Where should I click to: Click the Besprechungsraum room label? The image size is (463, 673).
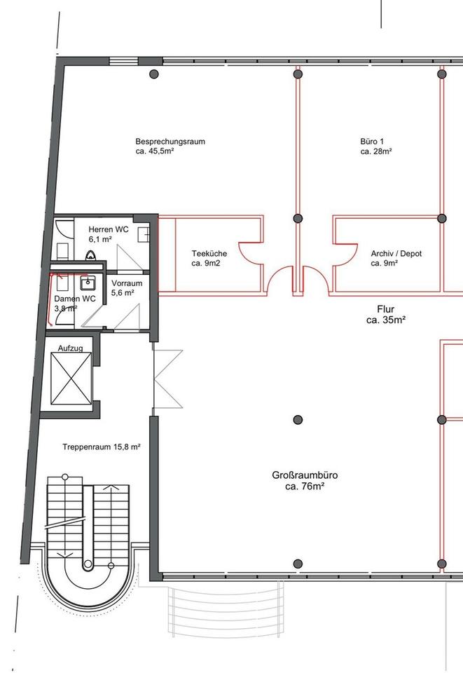170,142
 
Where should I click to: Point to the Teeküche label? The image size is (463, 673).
209,254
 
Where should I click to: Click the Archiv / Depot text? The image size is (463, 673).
396,254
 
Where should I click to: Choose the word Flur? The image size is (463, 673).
386,308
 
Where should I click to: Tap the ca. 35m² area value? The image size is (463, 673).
386,319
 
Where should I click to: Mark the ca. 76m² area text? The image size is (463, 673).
303,486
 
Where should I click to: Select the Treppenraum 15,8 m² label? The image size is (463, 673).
102,447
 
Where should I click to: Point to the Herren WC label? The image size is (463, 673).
109,230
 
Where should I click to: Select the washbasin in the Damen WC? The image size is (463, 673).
88,283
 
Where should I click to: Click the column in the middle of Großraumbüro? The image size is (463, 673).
298,419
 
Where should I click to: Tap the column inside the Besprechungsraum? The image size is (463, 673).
154,74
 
